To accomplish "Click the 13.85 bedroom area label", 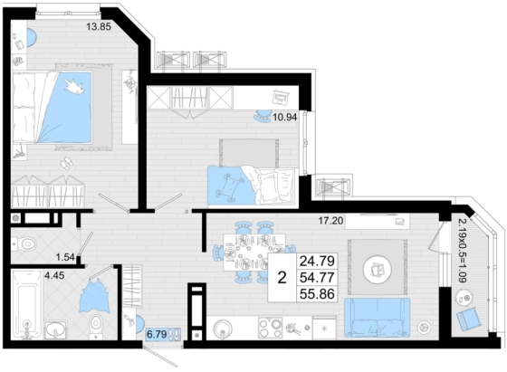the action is (x=99, y=26).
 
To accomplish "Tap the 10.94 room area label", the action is (x=284, y=117).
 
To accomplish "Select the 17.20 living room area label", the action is (x=330, y=221).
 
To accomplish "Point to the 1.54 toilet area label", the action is (x=65, y=258).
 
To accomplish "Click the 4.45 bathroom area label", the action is (x=54, y=276).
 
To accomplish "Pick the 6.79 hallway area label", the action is (x=157, y=334).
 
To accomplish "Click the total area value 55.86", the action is (x=317, y=294).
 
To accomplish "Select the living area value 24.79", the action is (x=317, y=261).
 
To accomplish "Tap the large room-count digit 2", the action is (x=282, y=277).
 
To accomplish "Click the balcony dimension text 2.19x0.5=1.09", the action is (x=462, y=251).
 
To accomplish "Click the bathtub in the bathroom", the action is (x=26, y=304).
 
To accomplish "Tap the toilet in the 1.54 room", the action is (x=24, y=243).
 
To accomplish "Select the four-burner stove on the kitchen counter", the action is (x=271, y=328).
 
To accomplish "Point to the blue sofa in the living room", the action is (x=377, y=318).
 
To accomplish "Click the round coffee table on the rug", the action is (x=377, y=269).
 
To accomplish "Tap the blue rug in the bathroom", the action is (x=95, y=296).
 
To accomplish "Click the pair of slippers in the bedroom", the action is (x=67, y=163).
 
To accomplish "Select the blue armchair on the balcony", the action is (x=469, y=319).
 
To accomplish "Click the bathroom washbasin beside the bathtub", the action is (x=55, y=329).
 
